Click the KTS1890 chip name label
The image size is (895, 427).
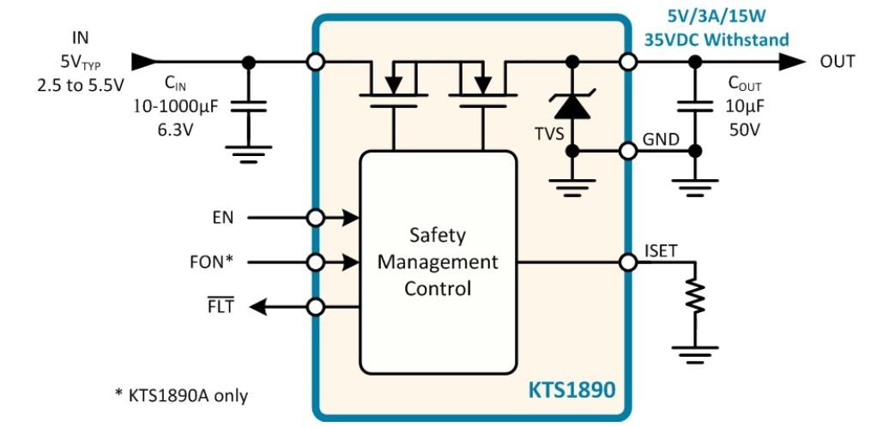(x=571, y=391)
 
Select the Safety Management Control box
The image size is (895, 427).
(x=438, y=261)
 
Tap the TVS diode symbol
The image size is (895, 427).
(x=571, y=105)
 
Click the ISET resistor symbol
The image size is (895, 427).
(x=695, y=297)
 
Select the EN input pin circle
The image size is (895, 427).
(x=316, y=218)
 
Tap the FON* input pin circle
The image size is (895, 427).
(x=316, y=262)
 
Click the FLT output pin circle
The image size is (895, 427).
(x=316, y=306)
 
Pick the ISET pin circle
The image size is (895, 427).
(x=629, y=262)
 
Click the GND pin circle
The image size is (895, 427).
(x=629, y=151)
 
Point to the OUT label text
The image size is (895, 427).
(x=838, y=62)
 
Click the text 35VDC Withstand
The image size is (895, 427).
(x=717, y=39)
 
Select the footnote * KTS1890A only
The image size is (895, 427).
(x=181, y=395)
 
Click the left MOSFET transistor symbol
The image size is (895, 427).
(x=393, y=86)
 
